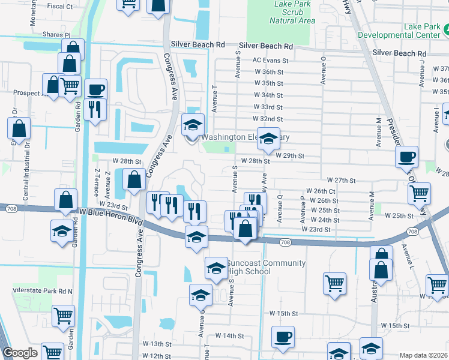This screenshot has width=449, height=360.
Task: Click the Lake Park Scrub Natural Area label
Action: tap(292, 12)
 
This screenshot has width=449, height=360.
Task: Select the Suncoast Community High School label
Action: tap(265, 267)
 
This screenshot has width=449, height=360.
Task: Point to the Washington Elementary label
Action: tap(246, 137)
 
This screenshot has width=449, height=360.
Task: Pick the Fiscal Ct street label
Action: tap(60, 7)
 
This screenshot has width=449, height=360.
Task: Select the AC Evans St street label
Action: tap(270, 61)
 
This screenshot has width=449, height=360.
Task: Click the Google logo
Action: tap(20, 353)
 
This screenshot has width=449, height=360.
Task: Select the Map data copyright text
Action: tap(424, 355)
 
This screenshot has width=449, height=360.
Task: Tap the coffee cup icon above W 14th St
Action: tap(283, 337)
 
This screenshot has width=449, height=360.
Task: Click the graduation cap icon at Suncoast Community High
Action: tap(216, 268)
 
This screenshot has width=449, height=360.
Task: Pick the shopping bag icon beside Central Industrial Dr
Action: tap(19, 128)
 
